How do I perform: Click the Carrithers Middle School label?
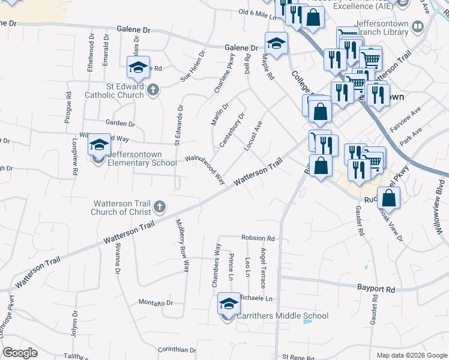(283, 316)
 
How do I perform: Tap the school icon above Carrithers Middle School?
(228, 305)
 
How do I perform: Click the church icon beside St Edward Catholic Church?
(153, 90)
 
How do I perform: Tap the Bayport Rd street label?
(376, 289)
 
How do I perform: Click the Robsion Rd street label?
(258, 238)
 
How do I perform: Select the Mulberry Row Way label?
(182, 245)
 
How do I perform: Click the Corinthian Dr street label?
(177, 349)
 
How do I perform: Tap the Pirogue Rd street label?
(68, 107)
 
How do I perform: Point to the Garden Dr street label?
(120, 124)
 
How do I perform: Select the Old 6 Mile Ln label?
(260, 14)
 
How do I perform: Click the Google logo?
(20, 353)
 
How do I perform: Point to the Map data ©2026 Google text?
(411, 355)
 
